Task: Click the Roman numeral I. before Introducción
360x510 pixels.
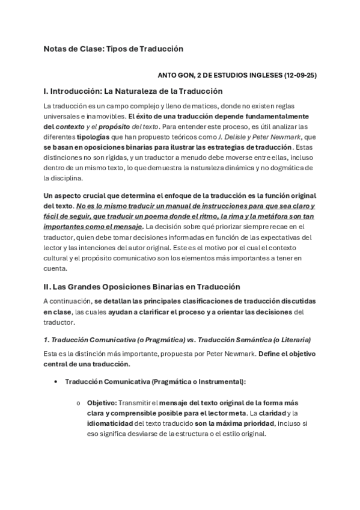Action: [46, 91]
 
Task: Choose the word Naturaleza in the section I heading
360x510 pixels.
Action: [135, 91]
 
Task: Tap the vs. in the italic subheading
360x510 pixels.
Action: [191, 340]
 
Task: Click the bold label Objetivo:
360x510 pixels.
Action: [102, 402]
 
